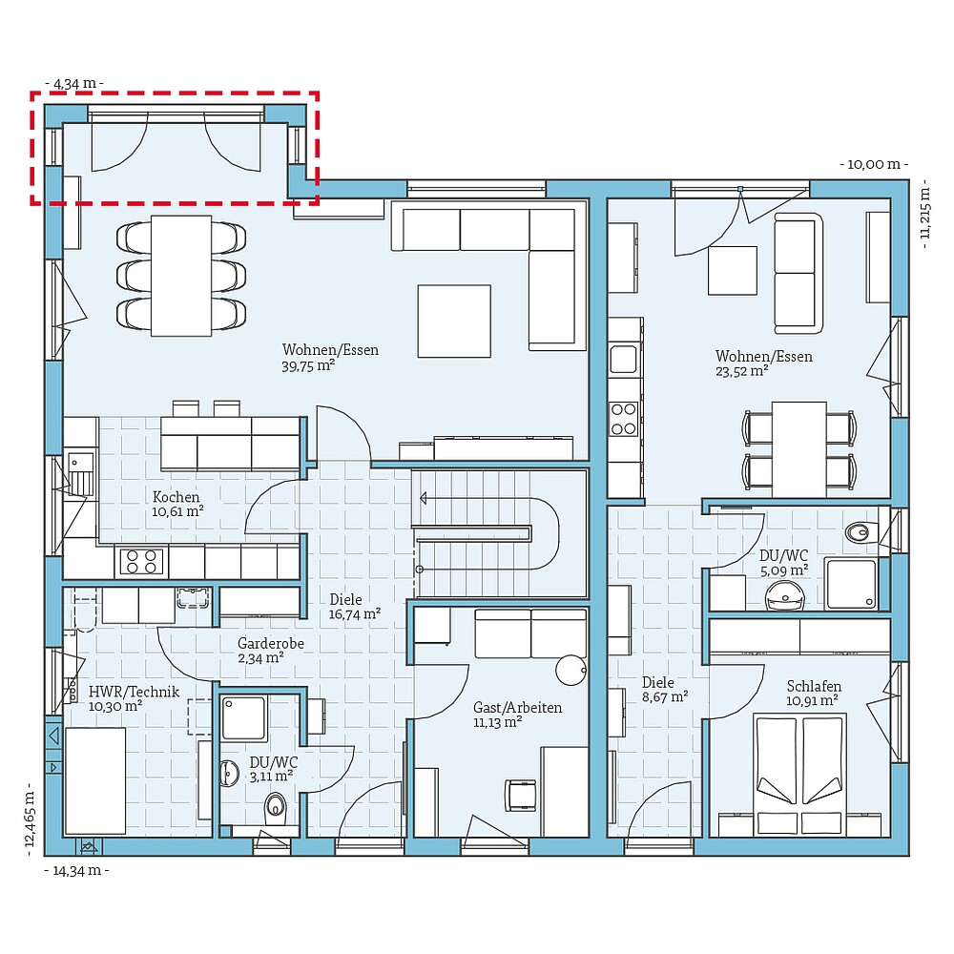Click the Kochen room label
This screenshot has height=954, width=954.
[x=176, y=497]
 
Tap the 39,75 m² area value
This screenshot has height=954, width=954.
[x=307, y=365]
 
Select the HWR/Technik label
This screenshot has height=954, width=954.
[x=135, y=692]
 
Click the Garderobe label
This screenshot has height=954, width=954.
[x=271, y=644]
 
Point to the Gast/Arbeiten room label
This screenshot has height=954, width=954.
[x=517, y=708]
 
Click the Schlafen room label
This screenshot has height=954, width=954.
[x=814, y=686]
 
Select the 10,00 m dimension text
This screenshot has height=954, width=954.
[x=873, y=164]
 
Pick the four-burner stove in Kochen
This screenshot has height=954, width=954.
[x=139, y=562]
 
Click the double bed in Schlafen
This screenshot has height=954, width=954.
[x=800, y=773]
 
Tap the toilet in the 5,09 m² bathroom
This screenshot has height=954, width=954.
[x=859, y=532]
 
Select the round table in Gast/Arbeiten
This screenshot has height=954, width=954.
[x=571, y=671]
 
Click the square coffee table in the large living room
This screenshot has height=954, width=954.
[x=454, y=321]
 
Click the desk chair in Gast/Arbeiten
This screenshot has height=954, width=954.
[x=522, y=794]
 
